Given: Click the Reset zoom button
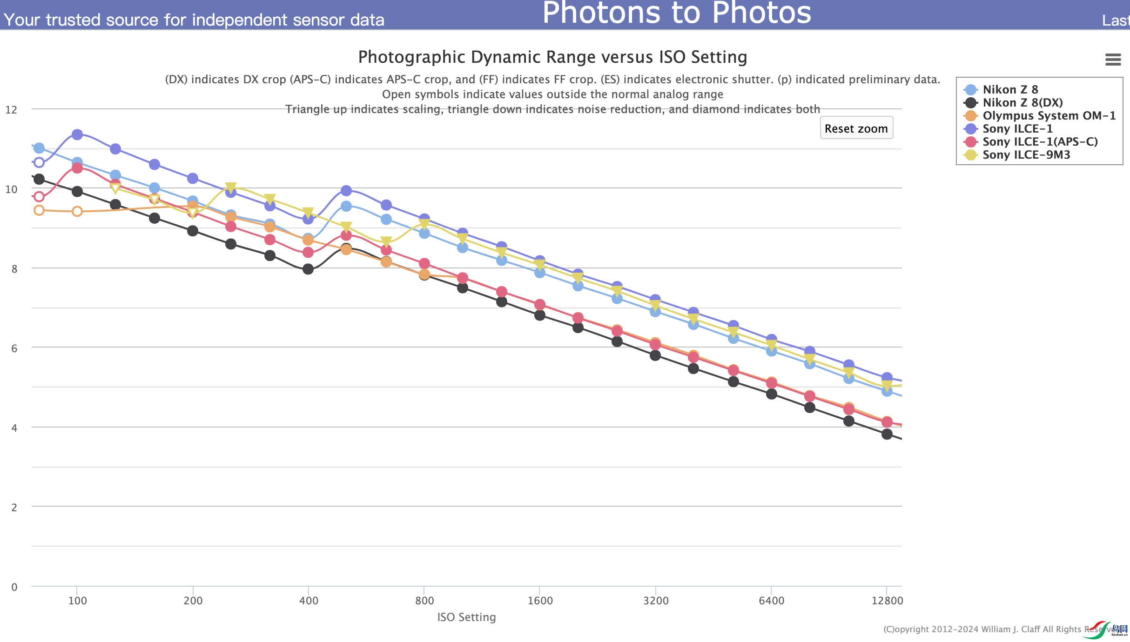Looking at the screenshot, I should [856, 128].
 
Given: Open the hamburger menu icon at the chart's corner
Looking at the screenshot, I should [1113, 60].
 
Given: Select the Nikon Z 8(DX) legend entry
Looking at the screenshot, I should [1022, 103].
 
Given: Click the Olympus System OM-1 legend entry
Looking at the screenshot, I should [1049, 116].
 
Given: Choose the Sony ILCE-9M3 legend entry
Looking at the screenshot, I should [1026, 155].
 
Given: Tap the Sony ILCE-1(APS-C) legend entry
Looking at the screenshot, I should [1040, 142].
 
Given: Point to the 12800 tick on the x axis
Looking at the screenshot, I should [887, 601].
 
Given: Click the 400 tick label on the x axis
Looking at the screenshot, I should [309, 601].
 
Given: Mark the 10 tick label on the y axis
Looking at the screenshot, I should [12, 189].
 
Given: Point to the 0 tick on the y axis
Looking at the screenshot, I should [14, 587].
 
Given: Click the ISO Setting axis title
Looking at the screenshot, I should [466, 617].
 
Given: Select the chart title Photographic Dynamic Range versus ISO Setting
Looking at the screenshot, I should [552, 57].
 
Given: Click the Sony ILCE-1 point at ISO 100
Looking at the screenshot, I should [77, 134].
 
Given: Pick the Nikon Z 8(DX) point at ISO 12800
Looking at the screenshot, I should [887, 434].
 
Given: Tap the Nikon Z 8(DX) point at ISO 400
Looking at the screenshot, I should [308, 269].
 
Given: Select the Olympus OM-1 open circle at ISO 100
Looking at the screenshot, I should [77, 212].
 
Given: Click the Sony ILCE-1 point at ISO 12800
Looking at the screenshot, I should [887, 377].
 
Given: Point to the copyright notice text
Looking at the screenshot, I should [991, 629].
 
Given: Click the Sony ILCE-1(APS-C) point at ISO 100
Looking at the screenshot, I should [77, 168].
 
